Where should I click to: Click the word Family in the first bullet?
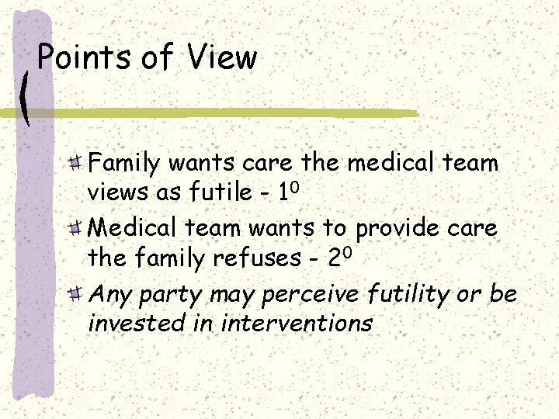point(124,164)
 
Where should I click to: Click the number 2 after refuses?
point(332,257)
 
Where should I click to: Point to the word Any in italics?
point(108,294)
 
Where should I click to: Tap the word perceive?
point(311,294)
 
